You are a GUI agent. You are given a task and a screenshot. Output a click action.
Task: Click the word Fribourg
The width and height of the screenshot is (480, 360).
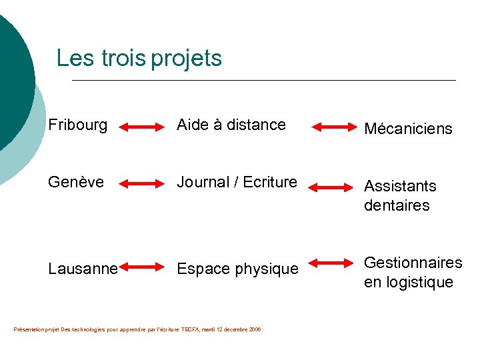tap(77, 125)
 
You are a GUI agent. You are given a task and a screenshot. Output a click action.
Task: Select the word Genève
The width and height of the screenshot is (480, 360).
tap(76, 182)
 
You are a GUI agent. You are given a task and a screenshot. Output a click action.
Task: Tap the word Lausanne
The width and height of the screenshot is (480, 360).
tap(83, 269)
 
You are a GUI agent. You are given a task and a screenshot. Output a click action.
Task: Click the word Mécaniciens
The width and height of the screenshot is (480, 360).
tap(407, 129)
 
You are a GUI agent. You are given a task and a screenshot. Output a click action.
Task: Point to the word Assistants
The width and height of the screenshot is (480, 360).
tap(400, 186)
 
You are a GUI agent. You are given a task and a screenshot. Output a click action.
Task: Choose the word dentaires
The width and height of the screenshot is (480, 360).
tap(397, 205)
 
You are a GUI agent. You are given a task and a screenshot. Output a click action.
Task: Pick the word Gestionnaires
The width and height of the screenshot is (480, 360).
tap(413, 263)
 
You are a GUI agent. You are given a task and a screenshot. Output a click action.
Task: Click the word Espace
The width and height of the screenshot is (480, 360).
tap(201, 269)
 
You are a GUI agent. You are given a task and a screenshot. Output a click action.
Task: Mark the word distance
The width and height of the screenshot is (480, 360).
tap(256, 125)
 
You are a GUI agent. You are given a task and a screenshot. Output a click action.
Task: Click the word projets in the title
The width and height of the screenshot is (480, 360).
tap(186, 59)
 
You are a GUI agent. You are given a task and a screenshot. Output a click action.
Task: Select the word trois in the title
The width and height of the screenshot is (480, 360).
tap(124, 58)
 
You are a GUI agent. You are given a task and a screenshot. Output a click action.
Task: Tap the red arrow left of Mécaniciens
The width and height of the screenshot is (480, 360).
tap(335, 126)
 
